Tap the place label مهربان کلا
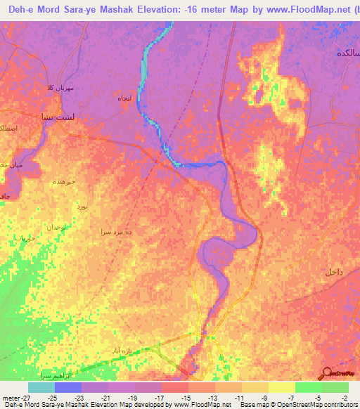(x=60, y=88)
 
